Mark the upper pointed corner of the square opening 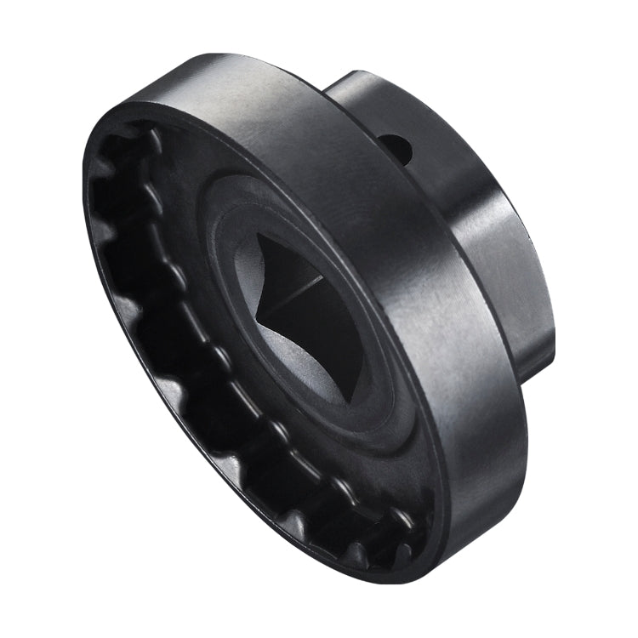tap(255, 232)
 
